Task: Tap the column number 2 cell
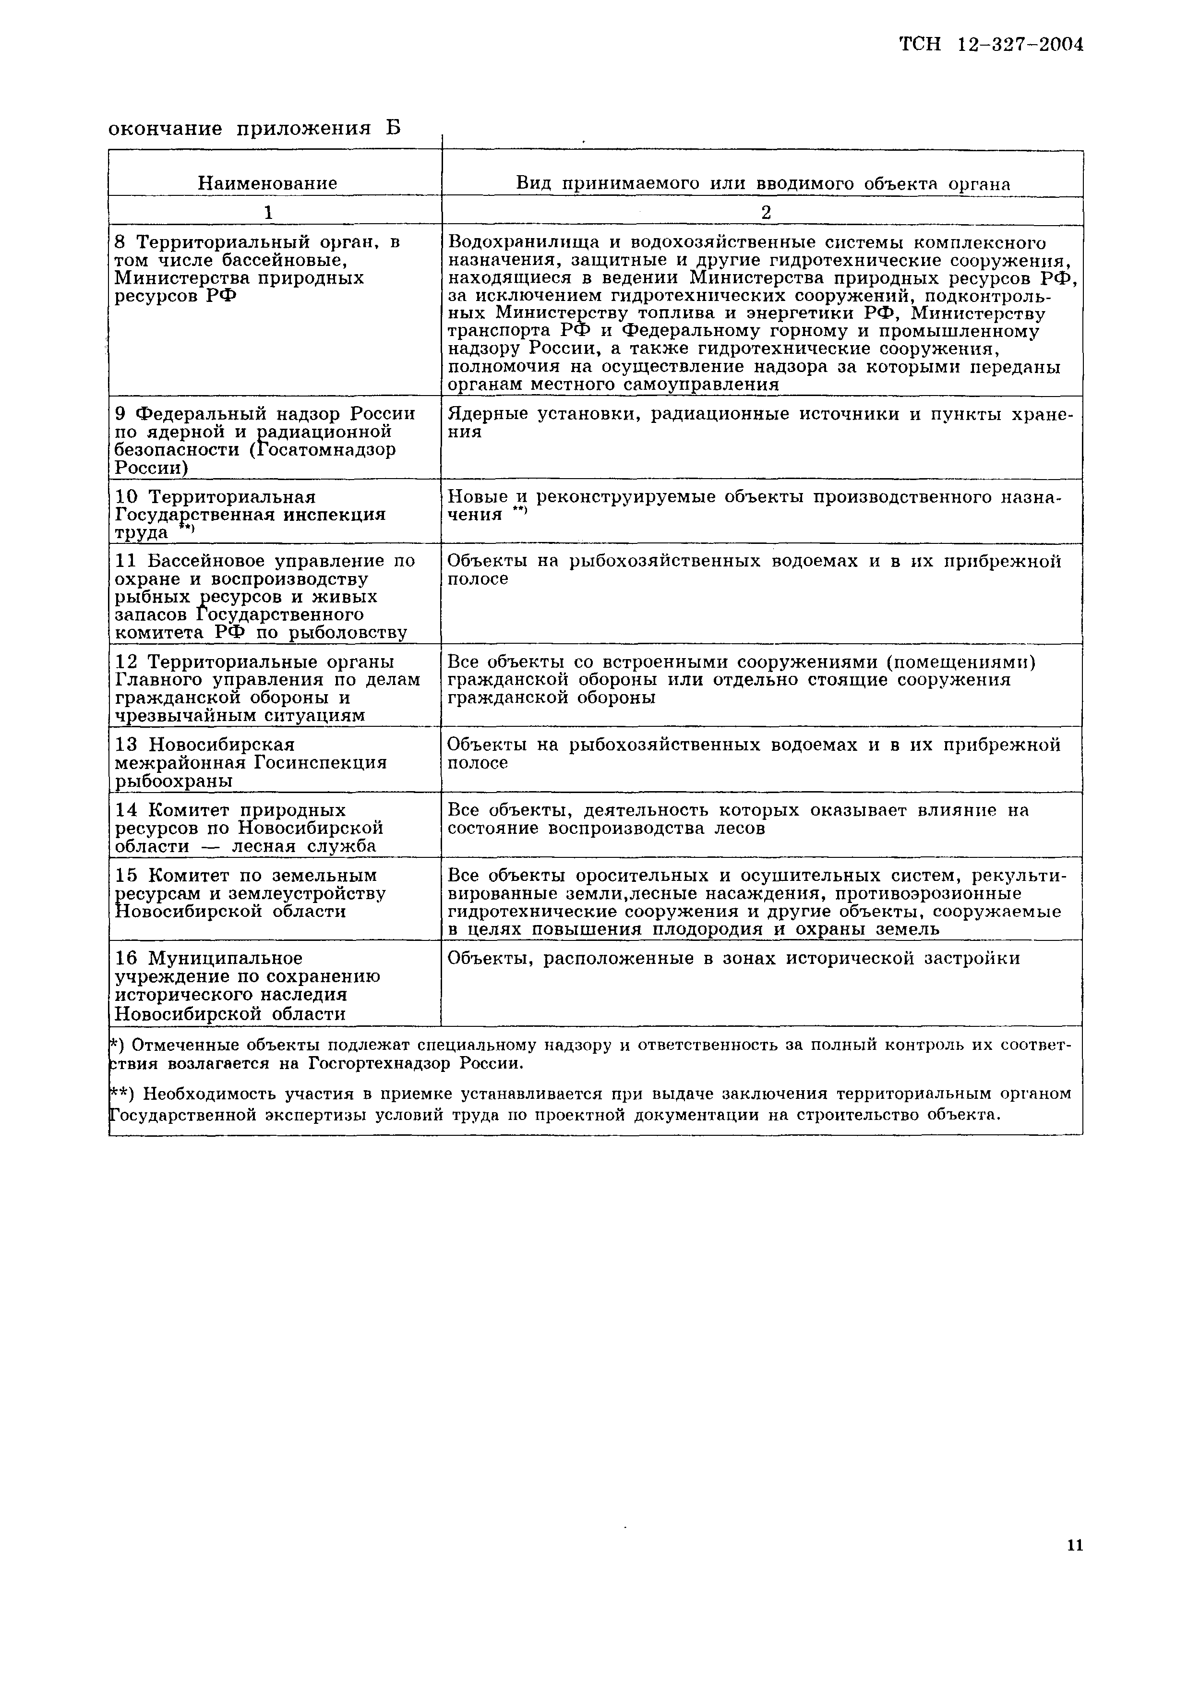[766, 213]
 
